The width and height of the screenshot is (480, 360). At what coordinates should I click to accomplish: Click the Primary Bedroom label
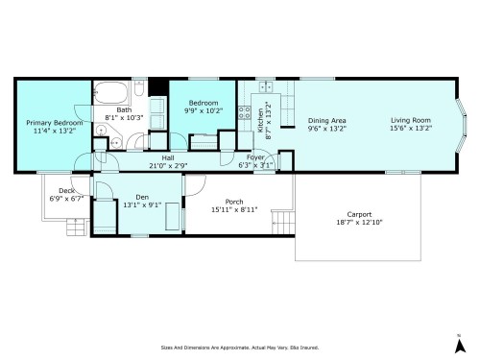coord(54,122)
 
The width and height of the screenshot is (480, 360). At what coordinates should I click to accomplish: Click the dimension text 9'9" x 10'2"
coord(203,111)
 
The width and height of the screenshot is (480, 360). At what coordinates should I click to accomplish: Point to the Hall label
coord(167,157)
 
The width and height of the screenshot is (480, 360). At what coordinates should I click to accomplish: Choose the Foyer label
coord(255,157)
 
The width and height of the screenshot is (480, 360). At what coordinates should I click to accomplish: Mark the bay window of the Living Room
coord(459,119)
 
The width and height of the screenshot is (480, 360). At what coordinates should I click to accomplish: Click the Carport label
coord(359,214)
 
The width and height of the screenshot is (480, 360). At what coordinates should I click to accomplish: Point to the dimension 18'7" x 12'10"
coord(359,222)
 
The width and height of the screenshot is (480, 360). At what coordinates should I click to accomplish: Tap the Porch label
coord(233,201)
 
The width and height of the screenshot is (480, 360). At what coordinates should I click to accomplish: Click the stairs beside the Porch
coord(280,224)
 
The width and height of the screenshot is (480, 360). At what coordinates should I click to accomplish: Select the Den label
coord(141,196)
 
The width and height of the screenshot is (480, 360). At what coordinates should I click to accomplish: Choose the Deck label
coord(66,190)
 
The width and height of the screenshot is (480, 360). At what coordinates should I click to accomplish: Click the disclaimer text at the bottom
coord(239,348)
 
